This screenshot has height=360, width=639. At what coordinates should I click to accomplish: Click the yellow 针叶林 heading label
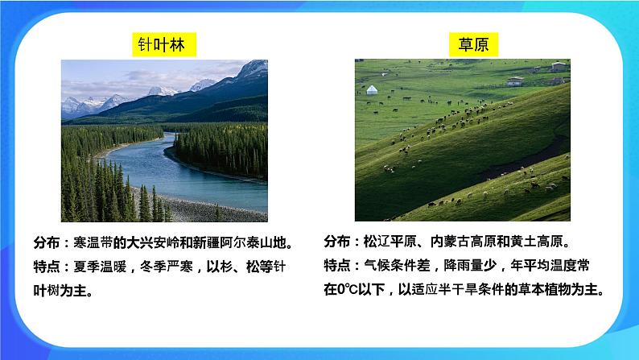pos(164,45)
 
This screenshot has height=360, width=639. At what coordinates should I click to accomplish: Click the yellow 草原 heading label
pos(462,45)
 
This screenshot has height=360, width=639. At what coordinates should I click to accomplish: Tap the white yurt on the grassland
pos(372,90)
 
